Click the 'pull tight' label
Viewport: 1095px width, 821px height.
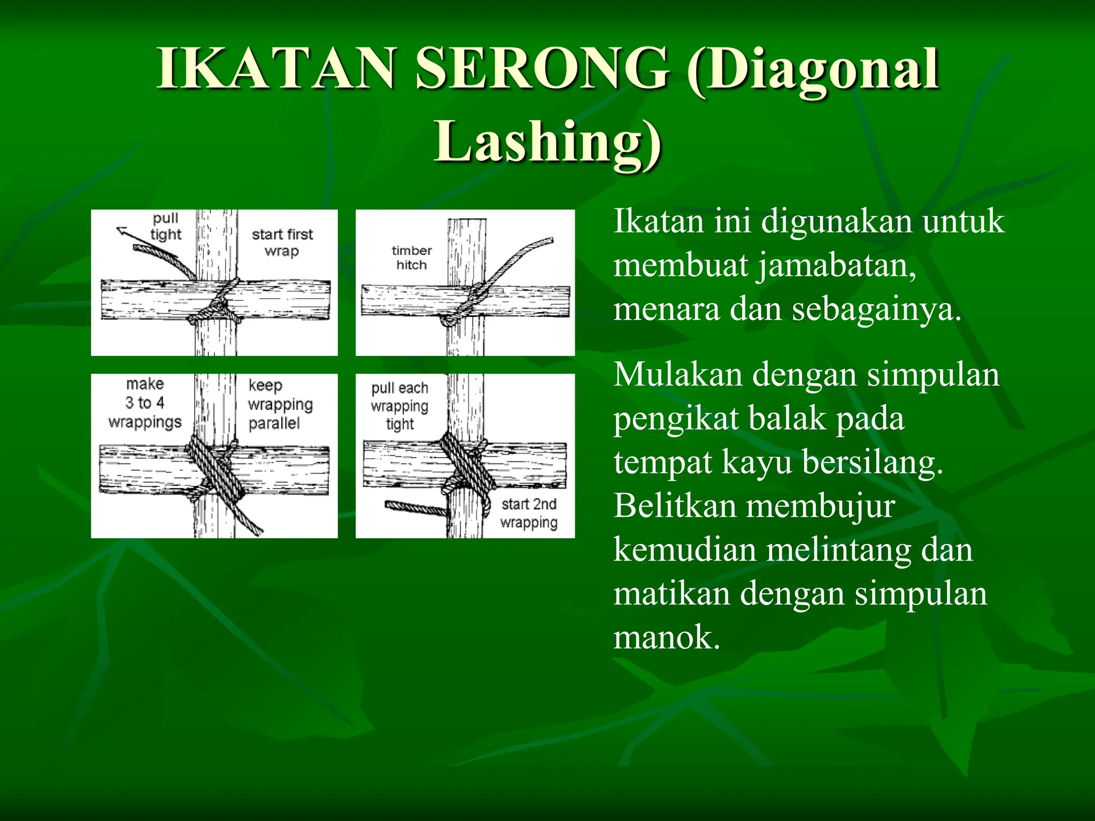click(165, 227)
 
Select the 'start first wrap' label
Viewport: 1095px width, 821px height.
click(282, 242)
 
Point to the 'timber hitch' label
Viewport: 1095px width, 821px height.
click(411, 258)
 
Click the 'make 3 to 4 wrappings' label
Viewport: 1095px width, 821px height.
click(145, 402)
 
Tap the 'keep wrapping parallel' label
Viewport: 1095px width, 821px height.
click(280, 404)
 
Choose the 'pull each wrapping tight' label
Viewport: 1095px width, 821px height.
click(399, 406)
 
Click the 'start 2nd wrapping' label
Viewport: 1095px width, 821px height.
click(529, 513)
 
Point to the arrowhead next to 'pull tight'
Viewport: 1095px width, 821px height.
click(122, 231)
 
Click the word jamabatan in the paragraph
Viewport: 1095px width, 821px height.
click(836, 265)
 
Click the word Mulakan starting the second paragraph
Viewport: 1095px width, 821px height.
click(678, 375)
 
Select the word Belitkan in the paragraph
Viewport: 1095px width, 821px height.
click(673, 506)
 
